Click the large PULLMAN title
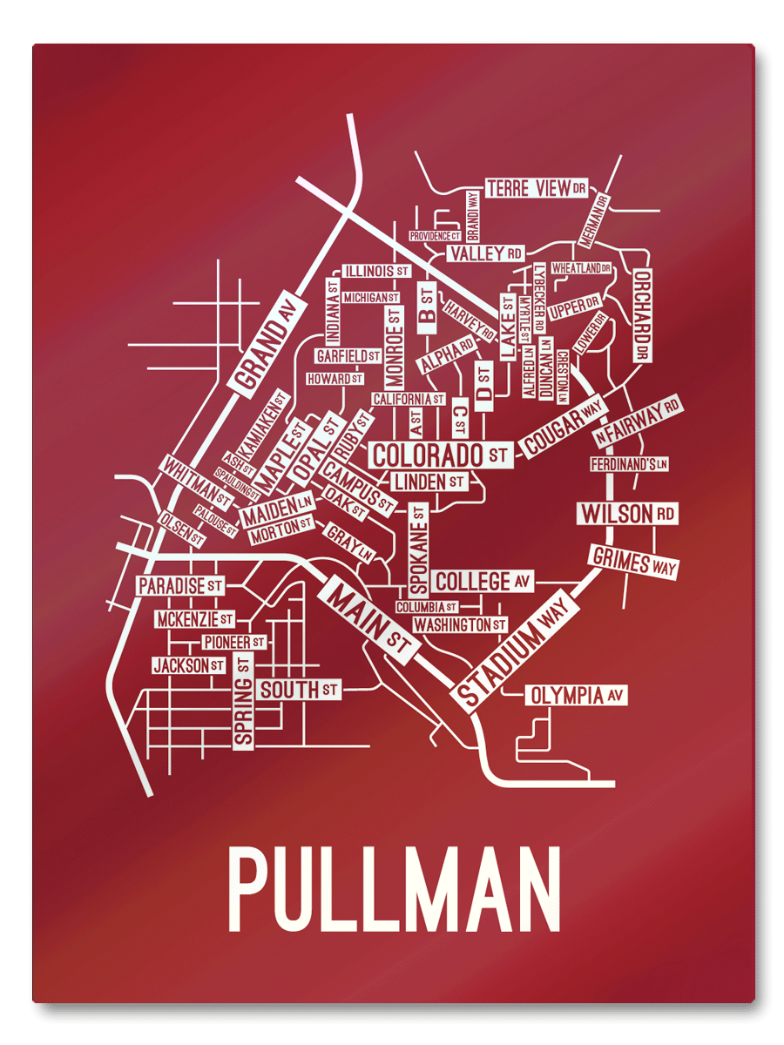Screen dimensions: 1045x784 coord(394,890)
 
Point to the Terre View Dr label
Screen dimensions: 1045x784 coord(537,188)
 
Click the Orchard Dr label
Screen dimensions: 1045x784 coord(643,313)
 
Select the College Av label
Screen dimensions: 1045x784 coord(483,581)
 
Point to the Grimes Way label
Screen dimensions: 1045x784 coord(633,562)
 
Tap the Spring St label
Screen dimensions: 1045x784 coord(243,700)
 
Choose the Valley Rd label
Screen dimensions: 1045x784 coord(485,253)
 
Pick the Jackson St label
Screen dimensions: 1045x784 coord(188,666)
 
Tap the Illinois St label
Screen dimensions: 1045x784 coord(375,272)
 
